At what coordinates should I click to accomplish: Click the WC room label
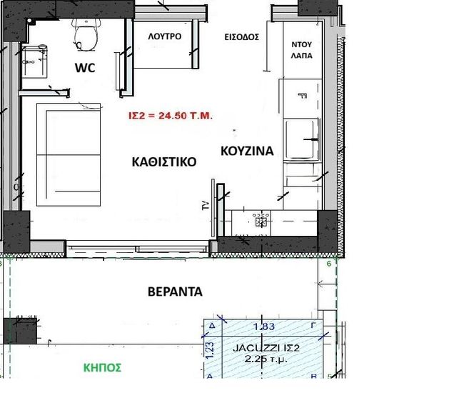(85, 68)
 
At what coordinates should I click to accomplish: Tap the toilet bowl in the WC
(85, 35)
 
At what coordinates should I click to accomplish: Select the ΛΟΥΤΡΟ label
(165, 36)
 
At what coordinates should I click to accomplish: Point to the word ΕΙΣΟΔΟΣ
(242, 37)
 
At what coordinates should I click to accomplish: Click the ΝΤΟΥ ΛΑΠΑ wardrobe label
(302, 50)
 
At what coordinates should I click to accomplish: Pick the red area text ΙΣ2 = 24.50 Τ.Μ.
(171, 116)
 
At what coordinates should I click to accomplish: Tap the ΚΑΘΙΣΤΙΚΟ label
(164, 162)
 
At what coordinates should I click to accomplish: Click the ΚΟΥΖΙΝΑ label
(247, 151)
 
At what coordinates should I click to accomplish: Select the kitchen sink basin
(301, 139)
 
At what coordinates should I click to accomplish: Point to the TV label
(206, 206)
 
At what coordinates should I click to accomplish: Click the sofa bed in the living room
(69, 155)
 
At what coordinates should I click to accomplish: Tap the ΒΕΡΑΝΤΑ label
(175, 292)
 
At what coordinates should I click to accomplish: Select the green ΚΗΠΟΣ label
(102, 368)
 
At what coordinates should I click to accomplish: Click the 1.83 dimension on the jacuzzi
(264, 327)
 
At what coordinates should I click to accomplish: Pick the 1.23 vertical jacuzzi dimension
(210, 349)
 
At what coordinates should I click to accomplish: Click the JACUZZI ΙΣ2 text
(266, 348)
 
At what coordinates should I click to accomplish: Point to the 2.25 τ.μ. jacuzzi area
(266, 359)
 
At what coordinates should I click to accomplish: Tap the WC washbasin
(34, 61)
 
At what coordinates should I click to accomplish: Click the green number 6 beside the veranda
(329, 264)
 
